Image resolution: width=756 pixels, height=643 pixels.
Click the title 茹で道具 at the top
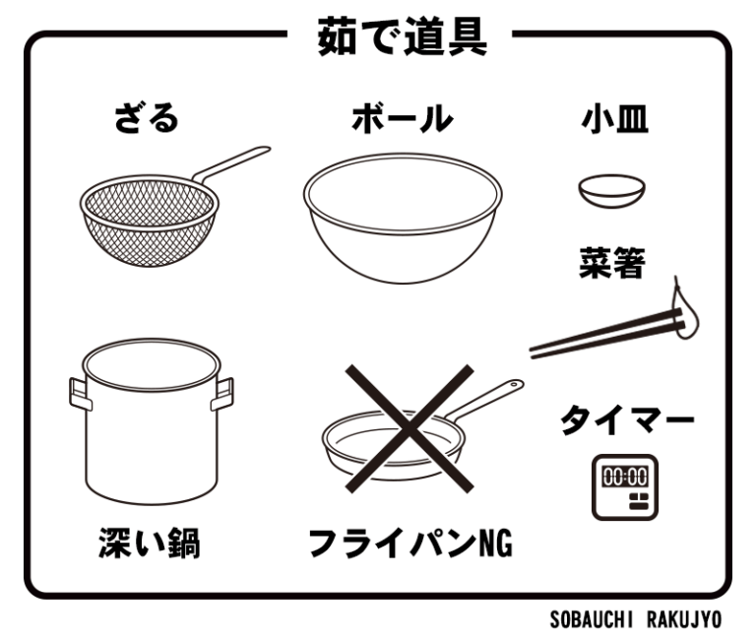(x=402, y=36)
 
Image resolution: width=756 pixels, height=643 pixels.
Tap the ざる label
(x=147, y=118)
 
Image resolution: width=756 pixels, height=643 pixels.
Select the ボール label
(x=403, y=118)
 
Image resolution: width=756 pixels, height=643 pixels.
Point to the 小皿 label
(x=614, y=119)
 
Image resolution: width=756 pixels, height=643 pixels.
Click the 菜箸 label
(x=612, y=262)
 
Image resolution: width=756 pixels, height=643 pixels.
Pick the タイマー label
(x=627, y=420)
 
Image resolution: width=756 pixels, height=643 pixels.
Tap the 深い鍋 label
(x=150, y=544)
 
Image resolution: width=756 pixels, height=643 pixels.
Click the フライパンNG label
(x=410, y=544)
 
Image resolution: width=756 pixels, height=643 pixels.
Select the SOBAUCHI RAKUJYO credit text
(x=636, y=619)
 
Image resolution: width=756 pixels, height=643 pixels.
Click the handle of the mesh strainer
(x=232, y=163)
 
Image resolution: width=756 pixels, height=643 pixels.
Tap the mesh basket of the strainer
(x=150, y=221)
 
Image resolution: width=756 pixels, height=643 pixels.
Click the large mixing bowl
(x=403, y=218)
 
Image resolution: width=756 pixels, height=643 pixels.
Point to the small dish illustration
(x=612, y=191)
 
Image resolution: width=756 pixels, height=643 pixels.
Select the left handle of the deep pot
(x=80, y=394)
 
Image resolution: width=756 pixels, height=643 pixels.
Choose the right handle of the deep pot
(x=222, y=394)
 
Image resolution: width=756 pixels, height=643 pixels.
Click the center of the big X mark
(x=409, y=428)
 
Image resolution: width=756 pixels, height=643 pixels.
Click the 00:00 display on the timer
(x=625, y=477)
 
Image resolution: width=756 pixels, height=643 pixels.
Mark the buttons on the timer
(x=639, y=501)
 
